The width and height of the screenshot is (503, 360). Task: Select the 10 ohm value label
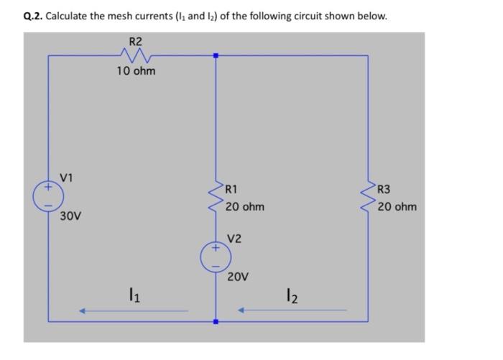[136, 71]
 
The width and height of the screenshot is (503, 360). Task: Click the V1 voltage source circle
[48, 195]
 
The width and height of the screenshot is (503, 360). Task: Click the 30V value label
[70, 216]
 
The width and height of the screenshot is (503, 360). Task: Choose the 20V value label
[238, 277]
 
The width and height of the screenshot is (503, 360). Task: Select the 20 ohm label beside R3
[396, 207]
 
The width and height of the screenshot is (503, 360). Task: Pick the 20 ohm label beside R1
[244, 207]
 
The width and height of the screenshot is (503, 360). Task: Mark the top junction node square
[216, 55]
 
